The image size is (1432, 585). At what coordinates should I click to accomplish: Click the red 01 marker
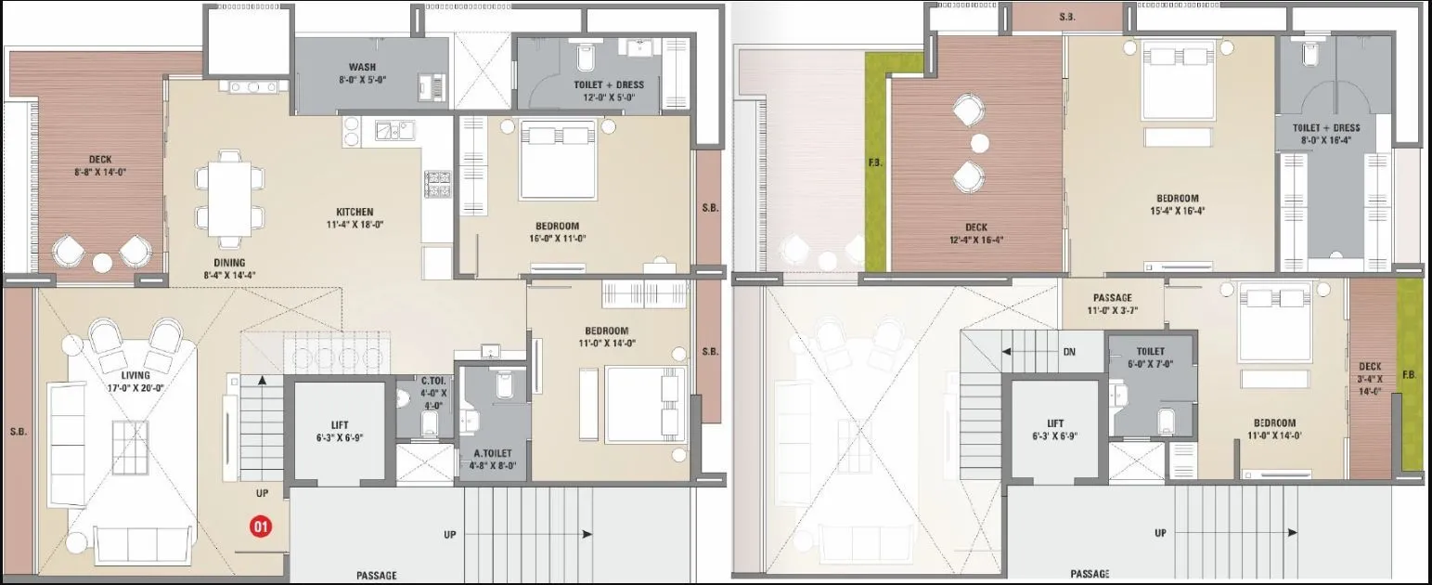point(262,527)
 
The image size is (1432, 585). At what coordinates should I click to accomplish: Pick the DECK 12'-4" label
point(975,233)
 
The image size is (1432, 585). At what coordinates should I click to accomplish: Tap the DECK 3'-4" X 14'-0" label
point(1370,378)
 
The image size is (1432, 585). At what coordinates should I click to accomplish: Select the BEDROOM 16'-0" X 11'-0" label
point(557,232)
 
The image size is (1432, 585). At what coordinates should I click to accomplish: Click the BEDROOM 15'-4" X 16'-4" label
point(1177,204)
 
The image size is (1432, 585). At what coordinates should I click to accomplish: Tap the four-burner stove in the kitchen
point(436,183)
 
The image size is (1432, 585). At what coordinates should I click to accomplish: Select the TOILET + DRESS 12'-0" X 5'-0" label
point(608,91)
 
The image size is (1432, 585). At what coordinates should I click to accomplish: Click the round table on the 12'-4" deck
point(980,143)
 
